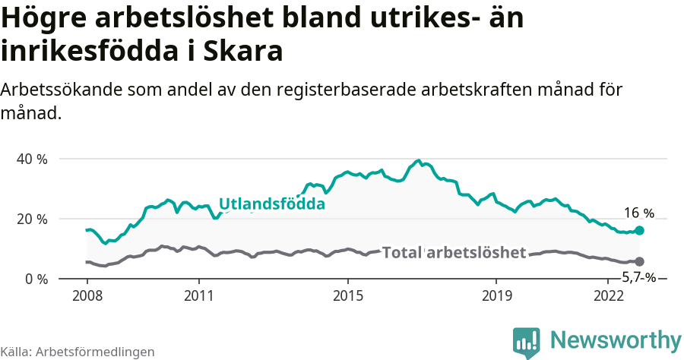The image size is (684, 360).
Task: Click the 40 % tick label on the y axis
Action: point(33,159)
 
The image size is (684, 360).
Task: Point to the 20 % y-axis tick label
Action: point(33,219)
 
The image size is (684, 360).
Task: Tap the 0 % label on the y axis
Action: point(36,279)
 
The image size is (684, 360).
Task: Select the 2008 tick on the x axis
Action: point(87,295)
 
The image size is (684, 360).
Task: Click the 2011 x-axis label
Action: point(198,295)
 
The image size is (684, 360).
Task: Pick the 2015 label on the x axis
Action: point(347,295)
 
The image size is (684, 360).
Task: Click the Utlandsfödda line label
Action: point(272,204)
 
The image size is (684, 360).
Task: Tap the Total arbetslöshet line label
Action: point(454,252)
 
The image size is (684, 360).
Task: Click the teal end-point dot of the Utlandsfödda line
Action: point(639,230)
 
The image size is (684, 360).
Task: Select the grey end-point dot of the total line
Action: point(639,261)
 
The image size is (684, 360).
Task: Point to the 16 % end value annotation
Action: point(638,213)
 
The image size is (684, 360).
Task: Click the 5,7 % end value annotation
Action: point(638,277)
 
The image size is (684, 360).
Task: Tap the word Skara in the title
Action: point(245,51)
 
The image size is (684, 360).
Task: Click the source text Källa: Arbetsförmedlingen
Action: point(78,352)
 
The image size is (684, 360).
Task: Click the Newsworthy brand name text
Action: point(616,339)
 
